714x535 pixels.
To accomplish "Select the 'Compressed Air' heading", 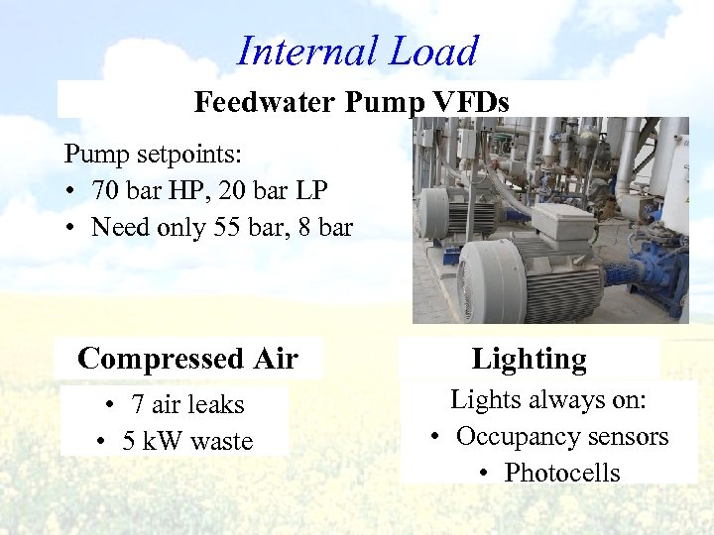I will pyautogui.click(x=187, y=359).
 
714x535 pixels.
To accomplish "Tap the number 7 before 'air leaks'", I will pyautogui.click(x=138, y=404).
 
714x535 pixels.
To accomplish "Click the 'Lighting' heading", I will pyautogui.click(x=529, y=359).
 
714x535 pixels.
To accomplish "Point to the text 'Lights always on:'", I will pyautogui.click(x=547, y=399).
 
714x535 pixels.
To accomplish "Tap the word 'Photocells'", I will pyautogui.click(x=561, y=473).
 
